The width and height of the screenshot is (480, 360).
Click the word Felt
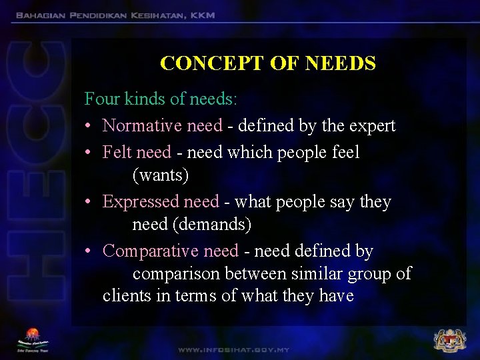(x=118, y=152)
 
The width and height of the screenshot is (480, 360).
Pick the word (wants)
(x=161, y=175)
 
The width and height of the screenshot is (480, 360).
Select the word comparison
(x=176, y=274)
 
